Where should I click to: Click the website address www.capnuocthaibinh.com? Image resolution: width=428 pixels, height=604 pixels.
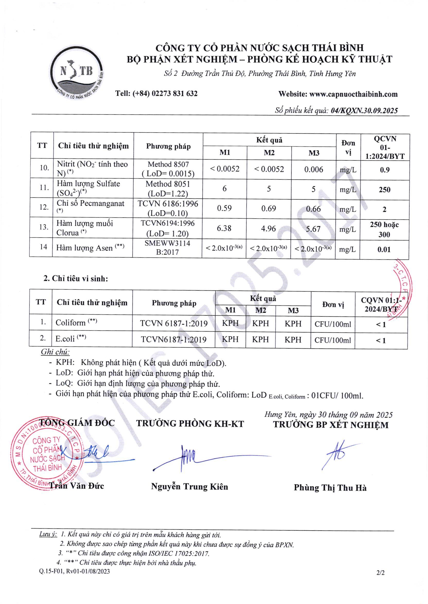(x=353, y=94)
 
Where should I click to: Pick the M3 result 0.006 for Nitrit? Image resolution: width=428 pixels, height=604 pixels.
(x=313, y=169)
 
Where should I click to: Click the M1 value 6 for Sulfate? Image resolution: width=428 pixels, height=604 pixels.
(x=224, y=188)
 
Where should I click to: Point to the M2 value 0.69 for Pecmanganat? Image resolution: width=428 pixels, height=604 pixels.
(x=268, y=209)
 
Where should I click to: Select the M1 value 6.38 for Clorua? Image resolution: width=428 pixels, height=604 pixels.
(x=224, y=228)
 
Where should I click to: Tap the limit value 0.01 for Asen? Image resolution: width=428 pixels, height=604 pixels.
(x=384, y=249)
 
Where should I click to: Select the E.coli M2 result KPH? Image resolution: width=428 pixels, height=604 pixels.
(x=260, y=339)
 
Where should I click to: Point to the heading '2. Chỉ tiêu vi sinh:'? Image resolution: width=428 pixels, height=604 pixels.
(x=76, y=279)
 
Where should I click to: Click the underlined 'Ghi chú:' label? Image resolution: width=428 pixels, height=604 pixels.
(x=55, y=352)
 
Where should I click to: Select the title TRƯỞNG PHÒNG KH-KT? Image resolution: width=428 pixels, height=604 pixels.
(x=190, y=424)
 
